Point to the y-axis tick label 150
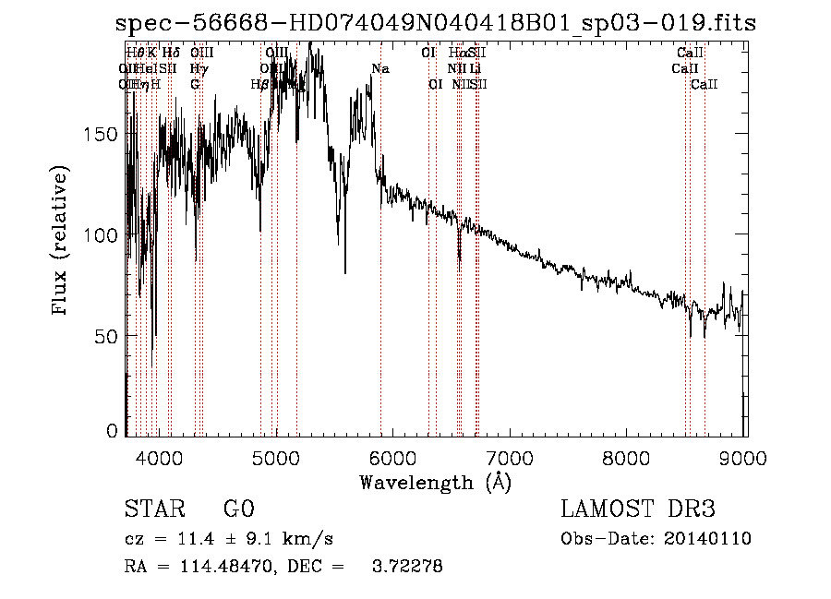click(x=106, y=134)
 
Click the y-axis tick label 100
click(x=106, y=234)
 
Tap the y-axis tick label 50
click(x=111, y=336)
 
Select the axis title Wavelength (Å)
click(x=435, y=482)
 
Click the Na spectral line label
click(x=380, y=68)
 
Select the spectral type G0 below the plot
click(x=238, y=509)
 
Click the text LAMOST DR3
click(x=638, y=509)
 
